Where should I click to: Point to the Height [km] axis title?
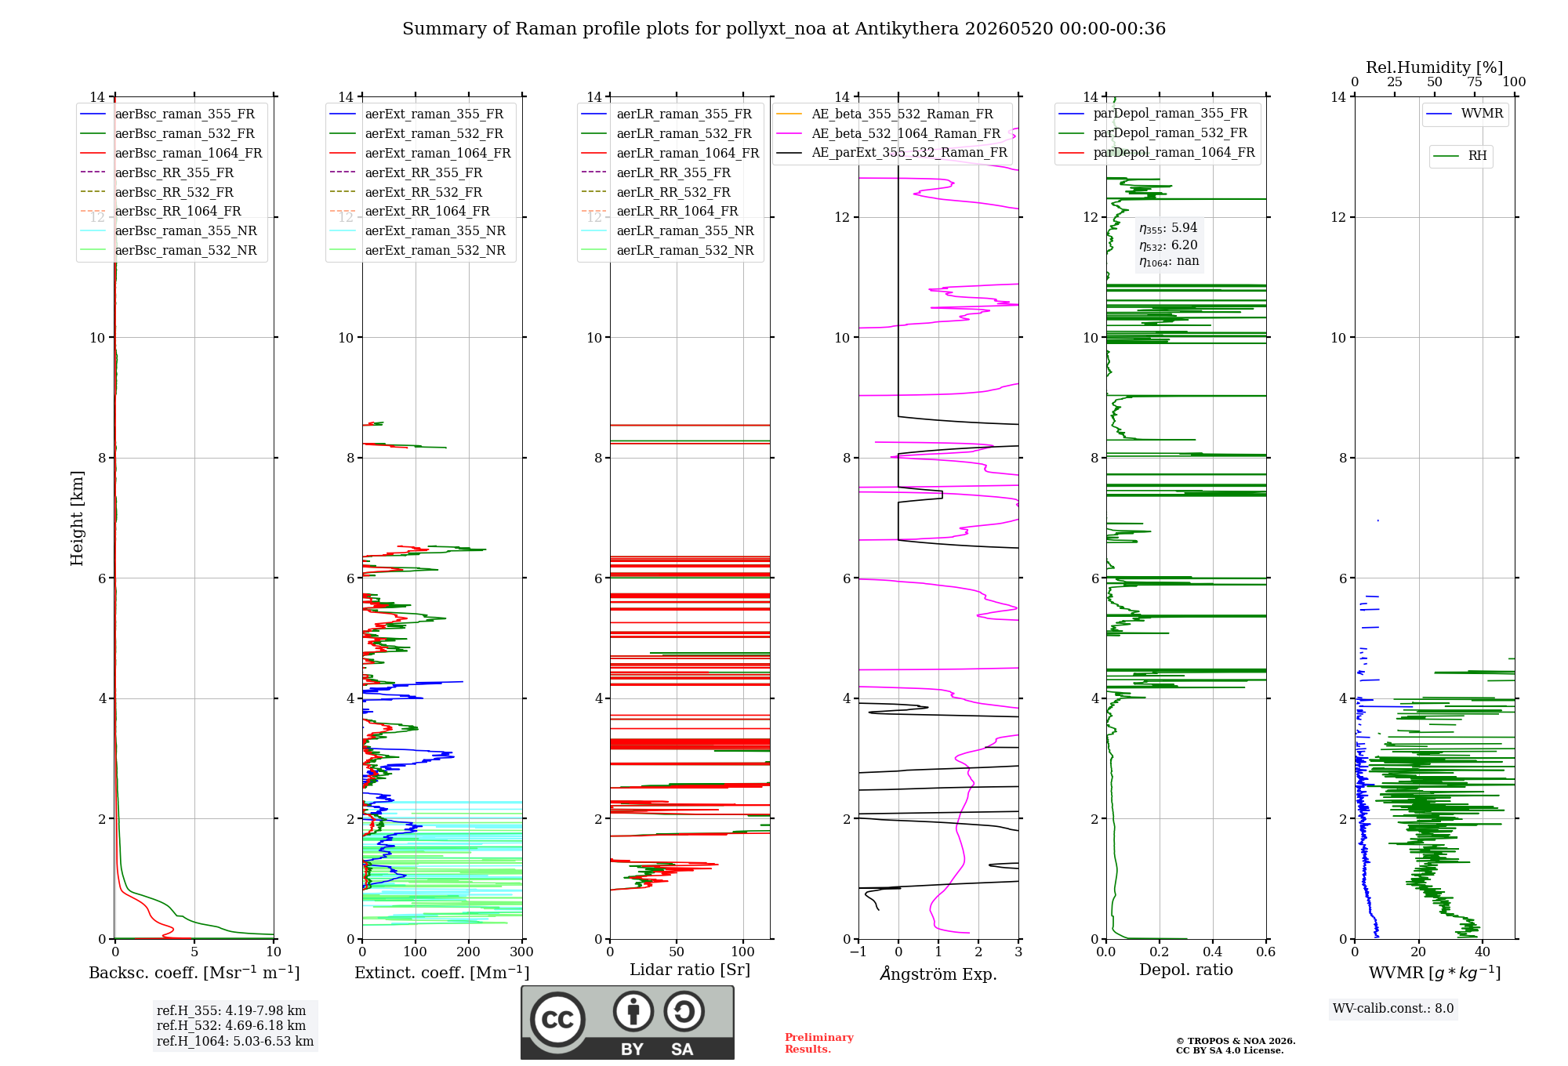pos(77,517)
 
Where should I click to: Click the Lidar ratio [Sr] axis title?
pos(690,970)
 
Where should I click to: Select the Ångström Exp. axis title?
pos(938,974)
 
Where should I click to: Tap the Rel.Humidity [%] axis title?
pos(1435,67)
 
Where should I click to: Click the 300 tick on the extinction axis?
pos(521,952)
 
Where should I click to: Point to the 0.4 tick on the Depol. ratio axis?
pos(1213,952)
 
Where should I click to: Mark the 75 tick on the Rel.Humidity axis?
pos(1475,82)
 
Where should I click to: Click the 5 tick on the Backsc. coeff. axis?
pos(194,952)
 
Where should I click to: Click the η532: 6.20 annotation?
pos(1168,245)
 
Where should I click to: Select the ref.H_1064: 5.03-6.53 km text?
pos(235,1041)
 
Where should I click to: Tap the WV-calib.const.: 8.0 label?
pos(1393,1008)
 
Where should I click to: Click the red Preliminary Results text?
pos(819,1043)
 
